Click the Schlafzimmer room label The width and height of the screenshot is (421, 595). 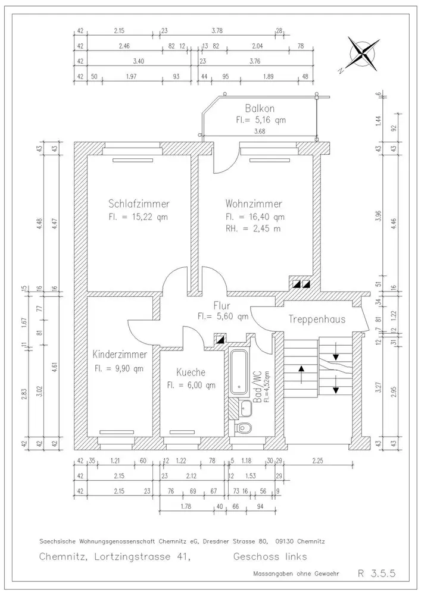(x=139, y=203)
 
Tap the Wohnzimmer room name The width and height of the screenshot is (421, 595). (x=254, y=203)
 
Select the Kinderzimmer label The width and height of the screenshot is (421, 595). (x=120, y=355)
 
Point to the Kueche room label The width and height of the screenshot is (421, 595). (x=191, y=372)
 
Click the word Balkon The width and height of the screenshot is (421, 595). (x=260, y=108)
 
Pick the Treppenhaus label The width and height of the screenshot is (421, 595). (x=317, y=319)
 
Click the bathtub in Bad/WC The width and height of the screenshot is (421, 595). (x=239, y=371)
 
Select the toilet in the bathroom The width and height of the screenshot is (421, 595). (x=244, y=428)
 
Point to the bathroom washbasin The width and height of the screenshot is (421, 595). (x=245, y=408)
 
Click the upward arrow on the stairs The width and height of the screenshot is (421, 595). (x=301, y=374)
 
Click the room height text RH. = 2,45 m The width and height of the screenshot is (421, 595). (x=253, y=229)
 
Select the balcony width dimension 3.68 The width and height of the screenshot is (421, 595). (x=260, y=131)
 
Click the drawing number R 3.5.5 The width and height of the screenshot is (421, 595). (x=377, y=573)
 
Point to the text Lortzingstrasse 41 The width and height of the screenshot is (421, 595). (x=141, y=557)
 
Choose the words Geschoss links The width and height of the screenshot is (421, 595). (x=270, y=557)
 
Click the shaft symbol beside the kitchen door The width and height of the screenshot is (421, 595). (x=220, y=339)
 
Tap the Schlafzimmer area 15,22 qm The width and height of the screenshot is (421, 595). (x=138, y=217)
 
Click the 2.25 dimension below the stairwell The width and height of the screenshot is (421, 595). (x=317, y=461)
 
